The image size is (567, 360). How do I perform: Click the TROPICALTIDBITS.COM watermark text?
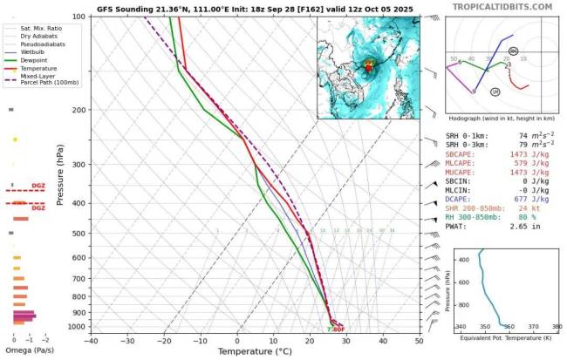point(502,6)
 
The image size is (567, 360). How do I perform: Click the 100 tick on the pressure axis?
point(78,17)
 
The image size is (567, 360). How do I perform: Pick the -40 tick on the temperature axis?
point(91,340)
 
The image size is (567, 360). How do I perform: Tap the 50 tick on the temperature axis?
point(420,340)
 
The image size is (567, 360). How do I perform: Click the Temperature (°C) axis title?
point(255,351)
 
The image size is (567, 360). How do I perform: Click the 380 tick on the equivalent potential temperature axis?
point(557,327)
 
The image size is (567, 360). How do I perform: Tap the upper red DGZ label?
point(38,185)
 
